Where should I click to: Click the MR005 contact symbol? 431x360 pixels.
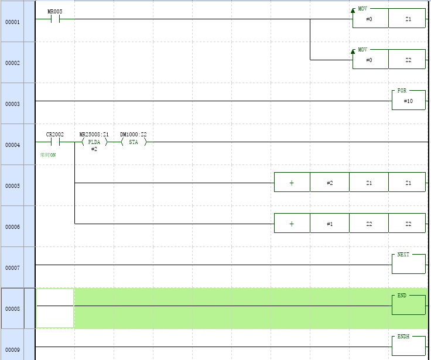coord(55,19)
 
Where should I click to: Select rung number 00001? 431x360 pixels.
coord(12,22)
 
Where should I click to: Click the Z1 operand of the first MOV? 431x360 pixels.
coord(408,19)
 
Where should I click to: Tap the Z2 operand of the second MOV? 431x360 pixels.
coord(408,60)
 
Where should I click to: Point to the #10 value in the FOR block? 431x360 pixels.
coord(408,101)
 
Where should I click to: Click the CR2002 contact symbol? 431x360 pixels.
coord(55,142)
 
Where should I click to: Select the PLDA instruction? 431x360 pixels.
coord(94,142)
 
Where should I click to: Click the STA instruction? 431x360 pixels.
coord(134,142)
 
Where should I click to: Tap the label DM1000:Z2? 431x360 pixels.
coord(134,134)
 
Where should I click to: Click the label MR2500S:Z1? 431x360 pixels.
coord(94,134)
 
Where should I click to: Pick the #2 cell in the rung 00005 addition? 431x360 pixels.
coord(330,183)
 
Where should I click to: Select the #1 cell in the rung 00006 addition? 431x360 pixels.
coord(330,224)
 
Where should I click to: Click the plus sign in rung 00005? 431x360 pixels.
coord(292,183)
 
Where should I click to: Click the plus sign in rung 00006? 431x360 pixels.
coord(292,224)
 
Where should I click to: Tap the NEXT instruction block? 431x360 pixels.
coord(408,264)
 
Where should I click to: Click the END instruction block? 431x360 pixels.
coord(408,305)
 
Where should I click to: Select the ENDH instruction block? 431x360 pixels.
coord(408,346)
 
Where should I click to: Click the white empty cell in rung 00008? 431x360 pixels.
coord(55,308)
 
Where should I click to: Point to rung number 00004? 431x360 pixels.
coord(12,145)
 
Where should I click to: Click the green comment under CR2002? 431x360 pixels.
coord(48,155)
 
